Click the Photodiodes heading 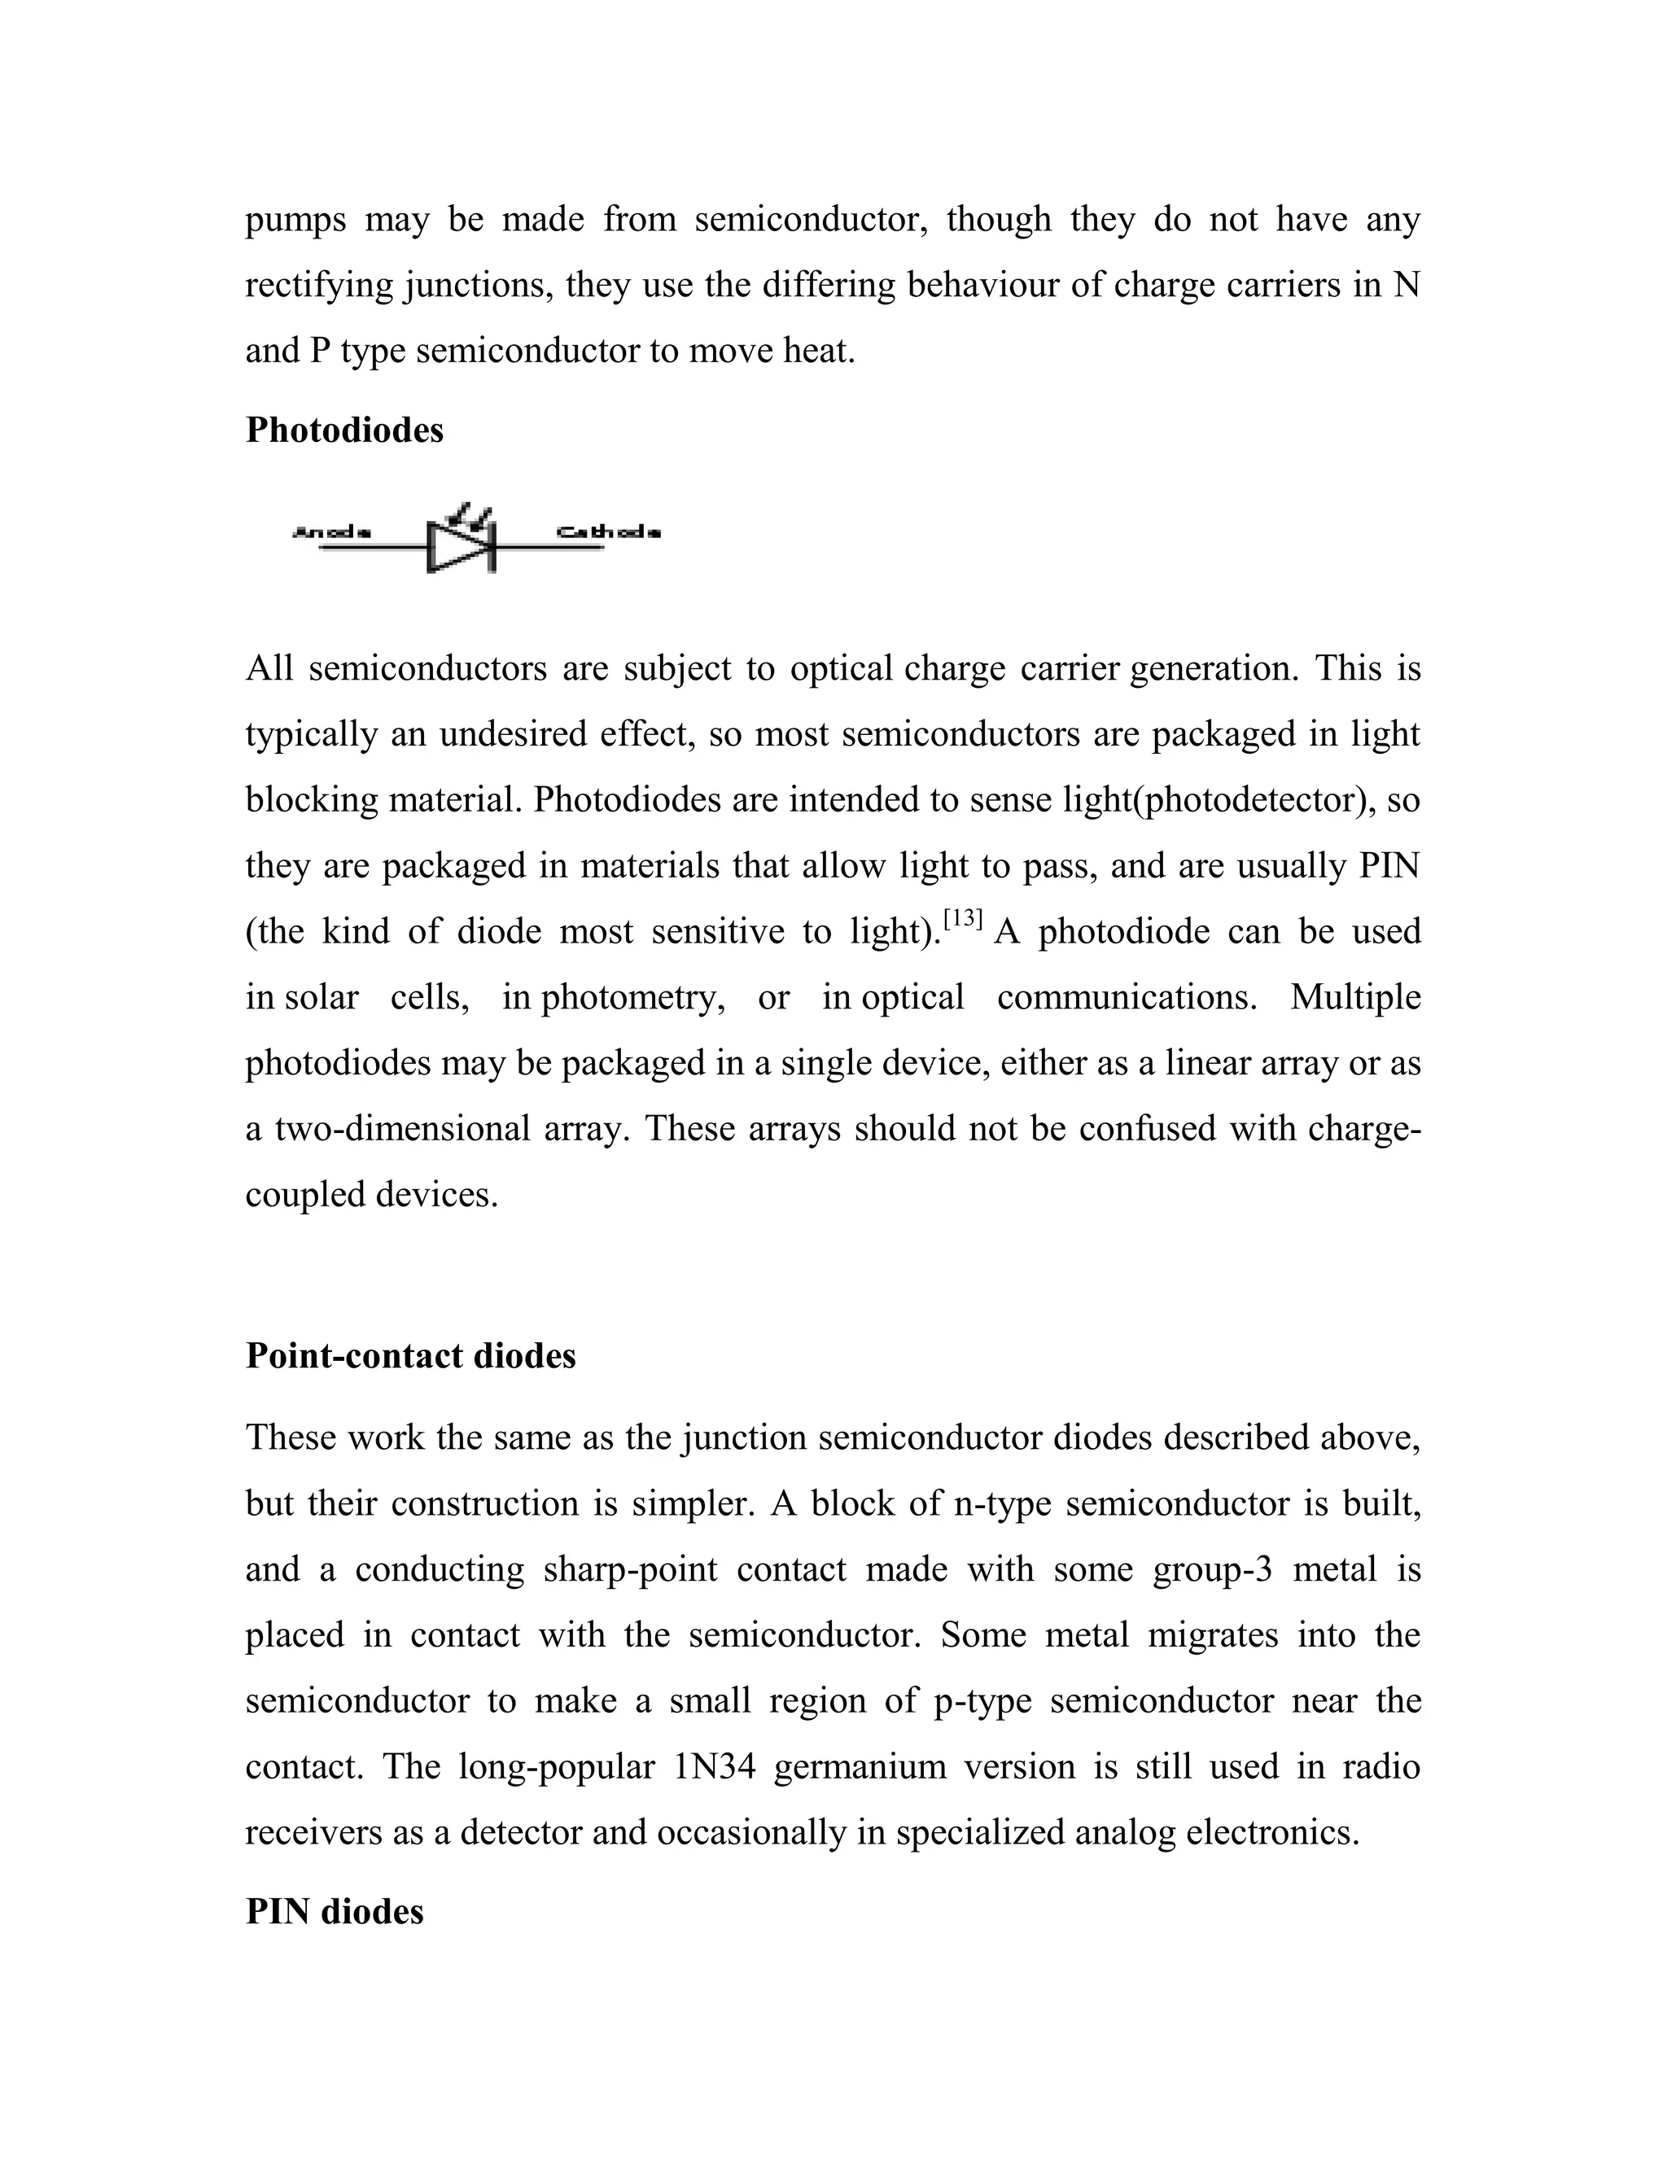(343, 431)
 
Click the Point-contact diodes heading (410, 1356)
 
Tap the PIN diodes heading (334, 1912)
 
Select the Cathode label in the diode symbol (608, 533)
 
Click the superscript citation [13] (963, 921)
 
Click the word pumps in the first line (295, 219)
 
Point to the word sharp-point (630, 1569)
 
